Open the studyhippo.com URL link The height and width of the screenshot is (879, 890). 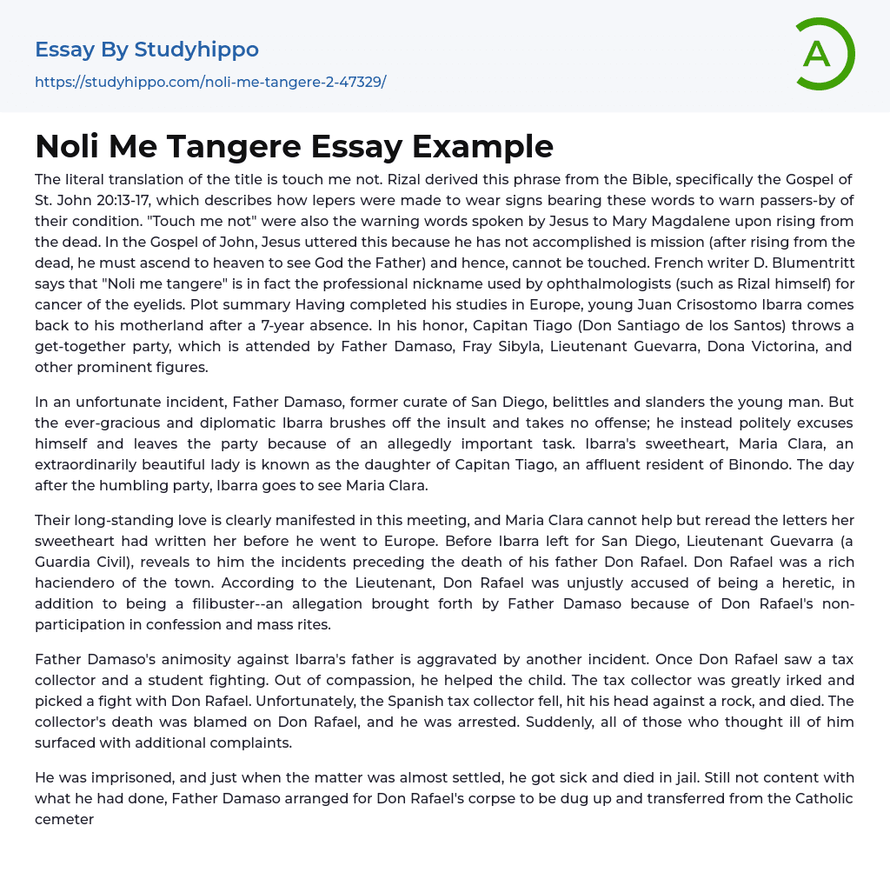click(x=210, y=82)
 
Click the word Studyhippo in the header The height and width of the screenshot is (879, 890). click(x=196, y=50)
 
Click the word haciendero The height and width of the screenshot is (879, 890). click(x=78, y=583)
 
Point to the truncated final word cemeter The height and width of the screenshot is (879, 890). click(x=64, y=819)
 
